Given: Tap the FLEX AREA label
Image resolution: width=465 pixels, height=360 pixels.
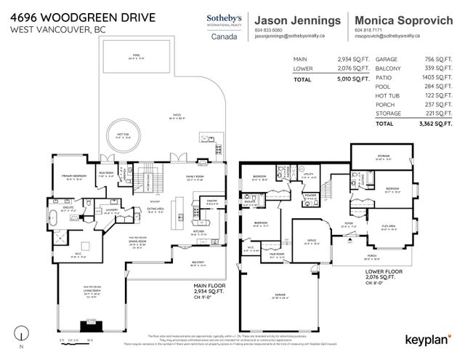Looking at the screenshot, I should click(x=389, y=226).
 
